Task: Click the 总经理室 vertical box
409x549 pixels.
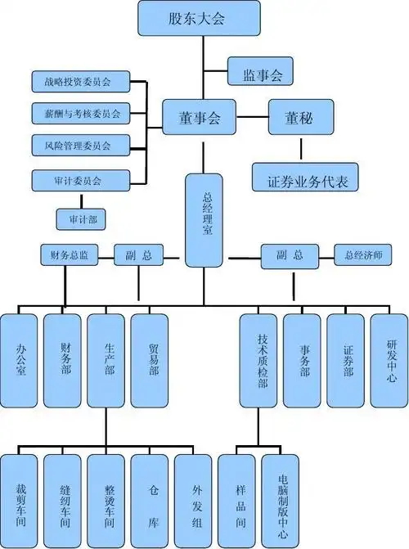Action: [204, 219]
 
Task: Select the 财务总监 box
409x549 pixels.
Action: [70, 255]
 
